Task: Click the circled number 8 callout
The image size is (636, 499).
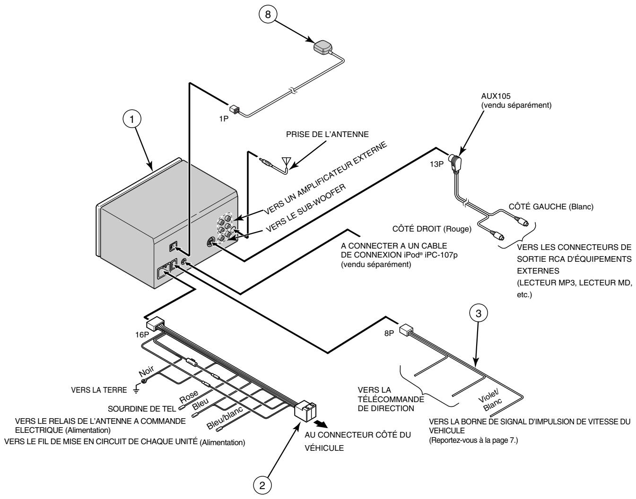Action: click(x=268, y=14)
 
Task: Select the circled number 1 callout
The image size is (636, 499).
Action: click(x=132, y=119)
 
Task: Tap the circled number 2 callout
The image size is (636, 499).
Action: click(x=262, y=485)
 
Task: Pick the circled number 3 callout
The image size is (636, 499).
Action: click(x=478, y=314)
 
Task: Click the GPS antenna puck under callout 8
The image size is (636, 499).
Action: click(x=323, y=47)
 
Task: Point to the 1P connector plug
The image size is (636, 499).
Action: click(x=234, y=109)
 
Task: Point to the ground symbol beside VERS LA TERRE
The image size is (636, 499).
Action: click(x=136, y=389)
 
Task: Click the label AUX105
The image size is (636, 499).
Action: click(x=496, y=96)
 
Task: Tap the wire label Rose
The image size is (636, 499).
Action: click(x=189, y=396)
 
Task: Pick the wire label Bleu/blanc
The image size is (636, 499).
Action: click(x=225, y=418)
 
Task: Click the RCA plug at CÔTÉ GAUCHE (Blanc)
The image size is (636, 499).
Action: click(x=521, y=221)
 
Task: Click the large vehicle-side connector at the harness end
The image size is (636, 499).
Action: click(x=305, y=411)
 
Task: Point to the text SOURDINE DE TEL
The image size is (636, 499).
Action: click(x=142, y=409)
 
